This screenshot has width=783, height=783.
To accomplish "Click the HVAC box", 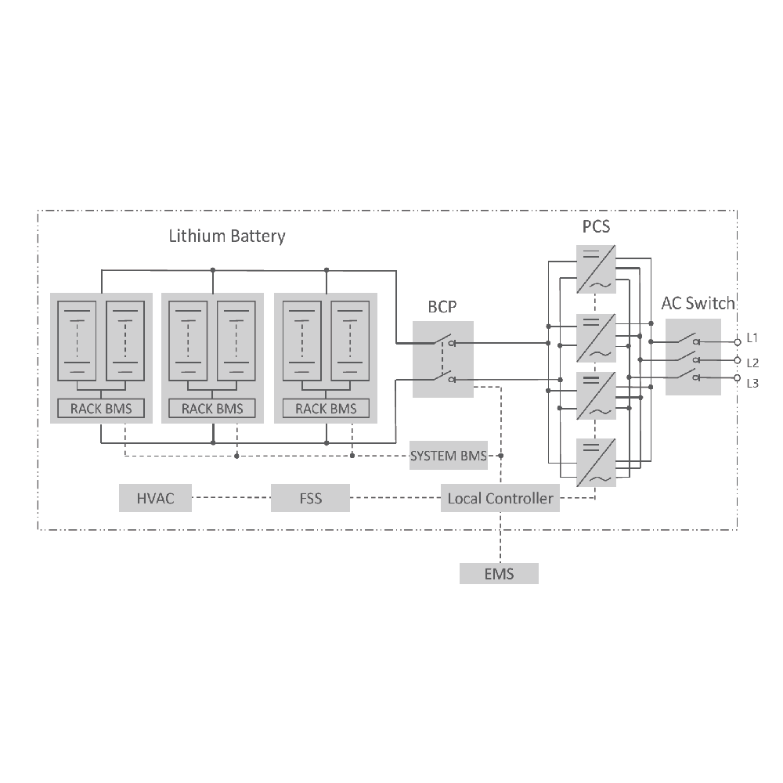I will (155, 498).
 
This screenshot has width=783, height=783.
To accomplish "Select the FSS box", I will (311, 498).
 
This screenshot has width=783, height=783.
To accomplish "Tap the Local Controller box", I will (500, 498).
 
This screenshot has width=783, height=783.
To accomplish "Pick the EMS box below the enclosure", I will (499, 573).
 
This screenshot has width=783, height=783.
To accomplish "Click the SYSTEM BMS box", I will (448, 456).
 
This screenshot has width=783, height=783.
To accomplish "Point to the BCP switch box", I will (442, 359).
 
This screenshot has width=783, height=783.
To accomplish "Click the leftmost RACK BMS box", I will (101, 408).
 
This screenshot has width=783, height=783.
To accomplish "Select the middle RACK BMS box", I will (212, 408).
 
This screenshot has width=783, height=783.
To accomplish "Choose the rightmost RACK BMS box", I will (326, 408).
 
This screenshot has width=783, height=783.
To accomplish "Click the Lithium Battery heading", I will (227, 236).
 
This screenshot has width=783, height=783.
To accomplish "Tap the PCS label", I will (596, 228).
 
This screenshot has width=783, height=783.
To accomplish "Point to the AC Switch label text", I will (698, 303).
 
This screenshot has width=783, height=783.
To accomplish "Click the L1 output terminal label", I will (752, 338).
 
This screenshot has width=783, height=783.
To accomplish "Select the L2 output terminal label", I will (752, 363).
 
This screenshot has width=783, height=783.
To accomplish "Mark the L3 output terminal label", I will (752, 383).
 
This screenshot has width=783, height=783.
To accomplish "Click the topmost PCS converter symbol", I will (596, 269).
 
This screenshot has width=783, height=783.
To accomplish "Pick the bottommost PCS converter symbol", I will (596, 462).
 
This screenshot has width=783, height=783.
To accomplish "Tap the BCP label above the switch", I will (442, 306).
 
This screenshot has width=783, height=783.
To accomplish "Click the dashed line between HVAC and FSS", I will (232, 498).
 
